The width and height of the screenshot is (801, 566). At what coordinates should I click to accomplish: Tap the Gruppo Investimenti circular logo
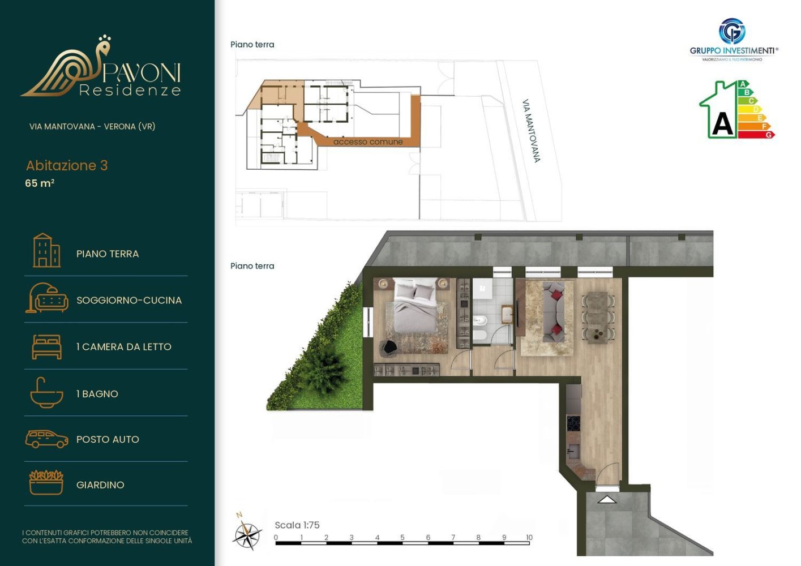click(732, 32)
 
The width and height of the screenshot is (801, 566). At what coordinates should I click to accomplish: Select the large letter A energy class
click(722, 123)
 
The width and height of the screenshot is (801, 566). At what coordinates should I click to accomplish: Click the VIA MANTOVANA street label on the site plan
click(531, 131)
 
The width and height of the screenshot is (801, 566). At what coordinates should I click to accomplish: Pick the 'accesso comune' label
click(368, 142)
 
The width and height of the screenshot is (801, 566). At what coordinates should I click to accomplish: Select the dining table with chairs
click(598, 317)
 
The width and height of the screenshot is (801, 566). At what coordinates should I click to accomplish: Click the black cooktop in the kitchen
click(573, 423)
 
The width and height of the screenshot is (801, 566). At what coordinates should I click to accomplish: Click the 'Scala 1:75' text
click(297, 525)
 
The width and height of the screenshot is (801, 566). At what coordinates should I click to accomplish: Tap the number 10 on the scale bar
click(529, 537)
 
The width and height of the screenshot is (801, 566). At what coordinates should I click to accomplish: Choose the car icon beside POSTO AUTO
click(46, 439)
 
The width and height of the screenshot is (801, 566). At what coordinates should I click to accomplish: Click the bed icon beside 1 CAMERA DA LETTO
click(46, 346)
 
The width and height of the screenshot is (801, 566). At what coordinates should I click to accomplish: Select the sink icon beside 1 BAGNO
click(46, 393)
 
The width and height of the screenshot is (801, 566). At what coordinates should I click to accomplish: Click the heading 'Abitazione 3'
click(67, 165)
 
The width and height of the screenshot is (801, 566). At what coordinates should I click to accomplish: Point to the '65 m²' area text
click(40, 183)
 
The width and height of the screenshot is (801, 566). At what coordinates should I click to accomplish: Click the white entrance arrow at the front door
click(607, 499)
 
